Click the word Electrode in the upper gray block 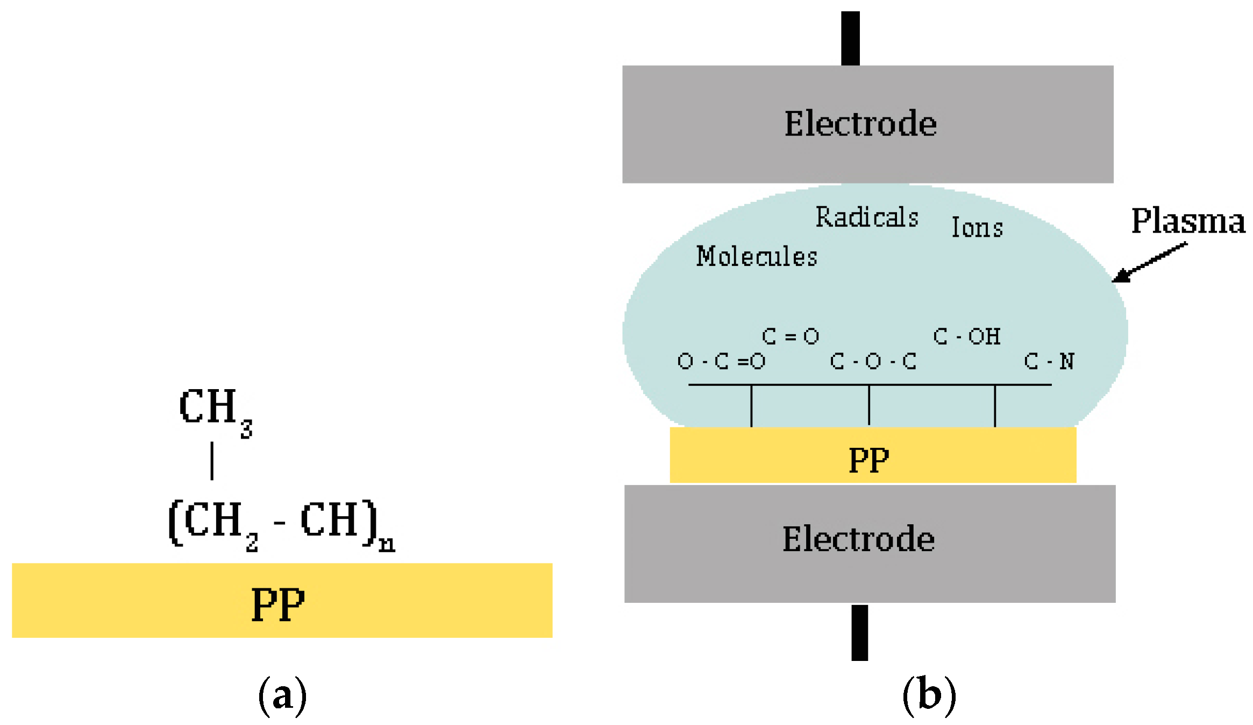(860, 124)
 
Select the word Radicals (866, 217)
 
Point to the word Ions (977, 228)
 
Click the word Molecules (756, 256)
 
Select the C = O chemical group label (790, 336)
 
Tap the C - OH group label (966, 336)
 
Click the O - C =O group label (721, 361)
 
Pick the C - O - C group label (873, 361)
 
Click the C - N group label (1049, 361)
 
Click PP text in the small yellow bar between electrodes (868, 460)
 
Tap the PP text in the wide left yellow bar (278, 604)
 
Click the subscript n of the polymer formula (387, 545)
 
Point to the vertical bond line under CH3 (212, 461)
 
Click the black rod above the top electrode (850, 38)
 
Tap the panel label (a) (282, 695)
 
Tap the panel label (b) (929, 695)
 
